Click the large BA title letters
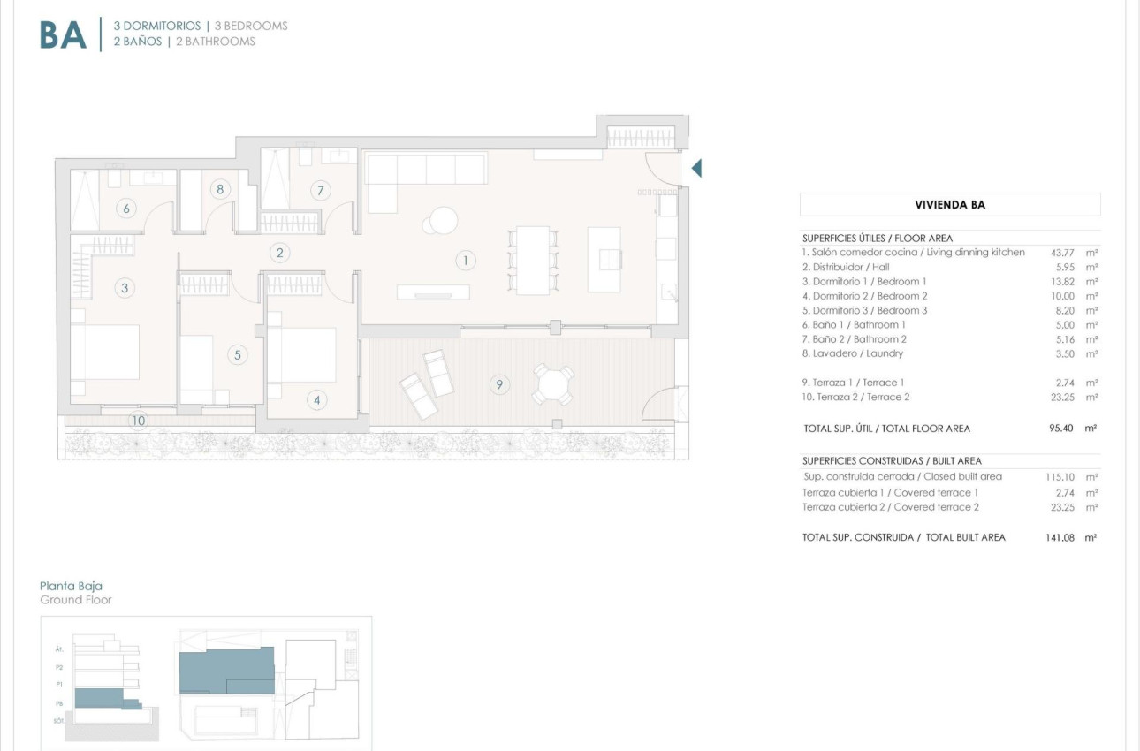click(x=64, y=34)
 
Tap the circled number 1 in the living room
click(x=465, y=260)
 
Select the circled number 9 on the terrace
click(x=499, y=384)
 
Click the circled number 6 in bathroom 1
click(x=127, y=209)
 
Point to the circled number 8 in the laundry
click(x=220, y=188)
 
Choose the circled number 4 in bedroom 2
click(x=317, y=400)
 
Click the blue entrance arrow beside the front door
click(x=696, y=168)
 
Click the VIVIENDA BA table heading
click(x=949, y=205)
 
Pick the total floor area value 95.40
click(x=1060, y=429)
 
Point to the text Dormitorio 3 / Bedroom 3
click(x=864, y=310)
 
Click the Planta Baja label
click(x=71, y=586)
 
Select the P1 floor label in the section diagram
click(x=59, y=684)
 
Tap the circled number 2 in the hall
click(x=280, y=254)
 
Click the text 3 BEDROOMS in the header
click(x=251, y=26)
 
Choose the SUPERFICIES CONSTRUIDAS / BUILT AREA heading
click(x=892, y=461)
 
